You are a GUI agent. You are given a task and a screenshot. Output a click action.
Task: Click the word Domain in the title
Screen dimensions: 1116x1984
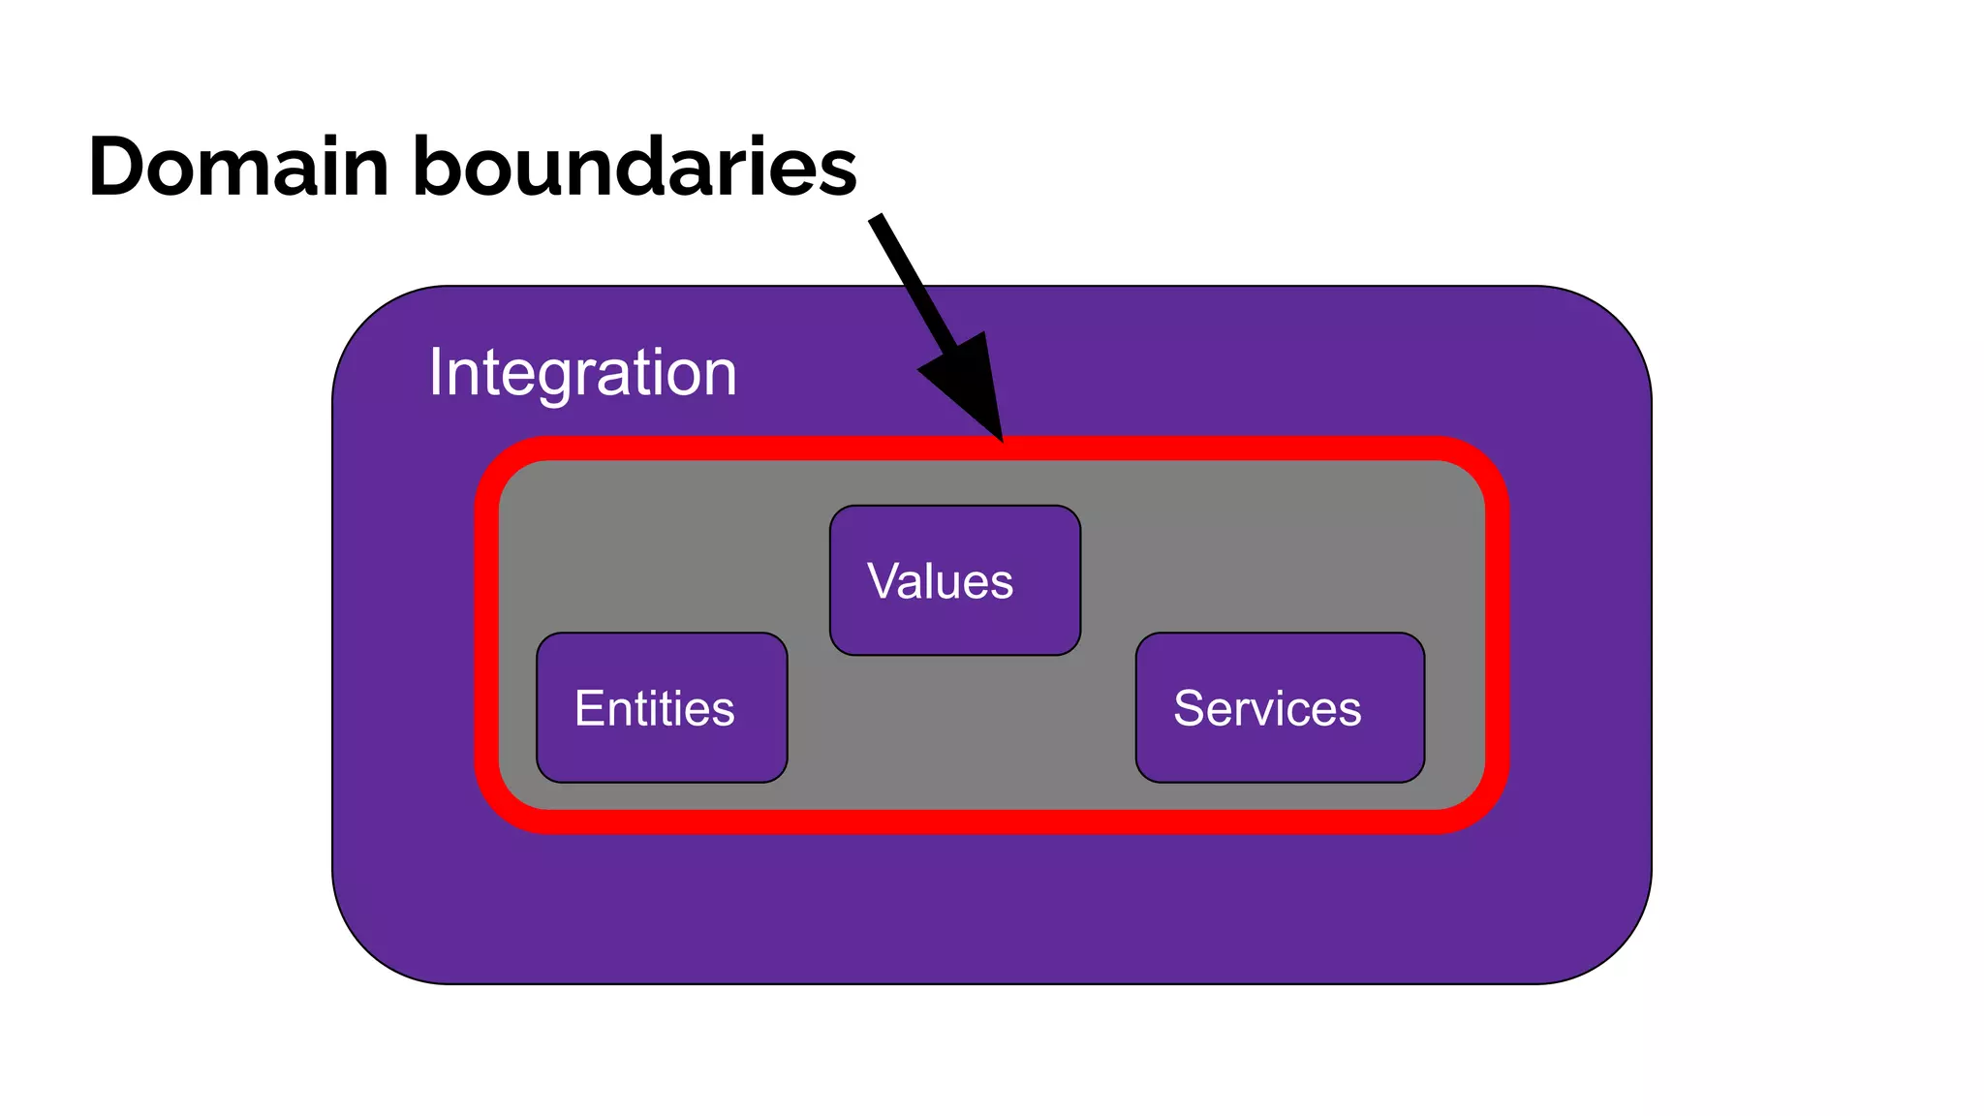pyautogui.click(x=237, y=167)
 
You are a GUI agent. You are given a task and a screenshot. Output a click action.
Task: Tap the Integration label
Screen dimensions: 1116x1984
pyautogui.click(x=582, y=373)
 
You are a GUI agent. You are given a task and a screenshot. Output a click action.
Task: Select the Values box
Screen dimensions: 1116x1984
pyautogui.click(x=954, y=580)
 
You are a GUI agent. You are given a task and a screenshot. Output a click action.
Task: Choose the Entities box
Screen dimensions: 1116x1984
pyautogui.click(x=662, y=708)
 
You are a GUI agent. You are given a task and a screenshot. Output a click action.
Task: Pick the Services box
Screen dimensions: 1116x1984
pyautogui.click(x=1280, y=708)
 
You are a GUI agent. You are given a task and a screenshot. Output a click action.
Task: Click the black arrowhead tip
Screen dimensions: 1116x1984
pyautogui.click(x=1002, y=439)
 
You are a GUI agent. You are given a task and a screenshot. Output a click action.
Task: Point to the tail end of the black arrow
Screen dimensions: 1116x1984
pyautogui.click(x=877, y=220)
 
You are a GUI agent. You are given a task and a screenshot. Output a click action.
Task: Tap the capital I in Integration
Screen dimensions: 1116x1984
pyautogui.click(x=436, y=372)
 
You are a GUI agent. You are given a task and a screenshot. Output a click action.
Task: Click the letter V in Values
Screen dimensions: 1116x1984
pyautogui.click(x=883, y=581)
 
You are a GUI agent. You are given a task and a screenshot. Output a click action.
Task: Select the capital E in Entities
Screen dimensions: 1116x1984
pyautogui.click(x=589, y=708)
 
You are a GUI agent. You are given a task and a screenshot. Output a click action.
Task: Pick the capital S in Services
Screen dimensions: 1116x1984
pyautogui.click(x=1189, y=708)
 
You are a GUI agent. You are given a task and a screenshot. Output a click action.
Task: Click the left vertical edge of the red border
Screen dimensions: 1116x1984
pyautogui.click(x=486, y=635)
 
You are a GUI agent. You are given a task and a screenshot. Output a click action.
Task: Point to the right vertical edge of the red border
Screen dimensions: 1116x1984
pyautogui.click(x=1498, y=635)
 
